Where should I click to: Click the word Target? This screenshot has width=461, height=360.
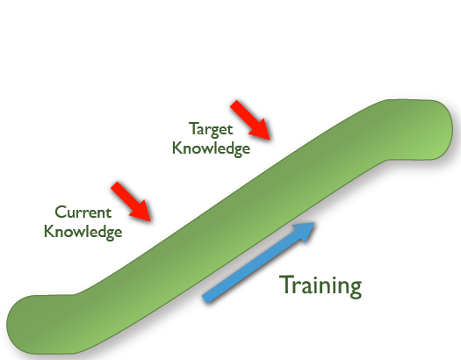(x=211, y=129)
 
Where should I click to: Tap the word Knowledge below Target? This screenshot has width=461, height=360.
(x=211, y=148)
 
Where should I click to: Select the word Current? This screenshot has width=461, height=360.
(x=83, y=212)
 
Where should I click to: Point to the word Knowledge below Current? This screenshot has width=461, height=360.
(x=83, y=232)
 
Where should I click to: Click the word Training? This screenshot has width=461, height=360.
(x=321, y=286)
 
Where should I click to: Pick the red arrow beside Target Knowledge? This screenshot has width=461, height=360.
(x=250, y=120)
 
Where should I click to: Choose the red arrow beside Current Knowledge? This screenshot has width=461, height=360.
(x=131, y=201)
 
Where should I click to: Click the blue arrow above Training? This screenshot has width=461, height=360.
(x=258, y=263)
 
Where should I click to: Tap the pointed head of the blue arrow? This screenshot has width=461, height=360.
(x=314, y=223)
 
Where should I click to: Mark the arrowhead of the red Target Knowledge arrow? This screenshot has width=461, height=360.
(x=270, y=140)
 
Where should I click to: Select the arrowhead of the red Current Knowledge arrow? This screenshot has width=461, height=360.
(x=151, y=221)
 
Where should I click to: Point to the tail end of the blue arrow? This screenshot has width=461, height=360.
(x=205, y=299)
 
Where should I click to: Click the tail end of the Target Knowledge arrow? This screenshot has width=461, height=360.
(x=234, y=104)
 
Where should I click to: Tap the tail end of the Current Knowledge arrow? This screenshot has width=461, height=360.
(x=114, y=185)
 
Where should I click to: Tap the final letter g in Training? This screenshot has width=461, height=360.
(x=356, y=289)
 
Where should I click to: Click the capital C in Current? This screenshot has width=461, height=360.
(x=61, y=212)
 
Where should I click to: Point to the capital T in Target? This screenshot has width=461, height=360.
(x=194, y=128)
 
